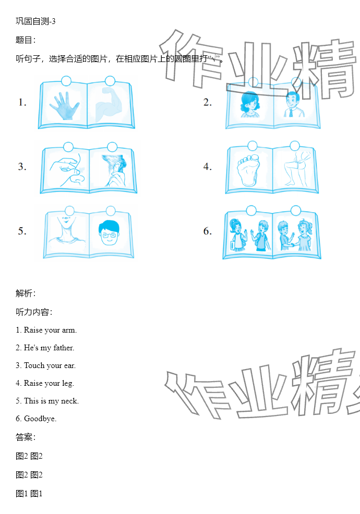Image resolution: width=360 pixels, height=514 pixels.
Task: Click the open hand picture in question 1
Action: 64,105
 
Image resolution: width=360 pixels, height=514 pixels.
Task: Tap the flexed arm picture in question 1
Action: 109,104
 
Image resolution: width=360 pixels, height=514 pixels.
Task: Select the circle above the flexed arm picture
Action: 110,81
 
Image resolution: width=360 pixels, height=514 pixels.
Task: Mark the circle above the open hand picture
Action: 66,81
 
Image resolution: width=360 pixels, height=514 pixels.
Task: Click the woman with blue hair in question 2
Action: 250,104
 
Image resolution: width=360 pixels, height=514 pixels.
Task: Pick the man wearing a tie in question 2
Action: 293,104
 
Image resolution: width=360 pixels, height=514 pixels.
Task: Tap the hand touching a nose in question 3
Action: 67,170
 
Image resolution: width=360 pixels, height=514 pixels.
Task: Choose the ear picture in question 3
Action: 114,170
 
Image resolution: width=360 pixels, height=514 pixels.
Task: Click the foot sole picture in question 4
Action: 248,170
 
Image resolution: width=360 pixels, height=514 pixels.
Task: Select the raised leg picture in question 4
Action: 296,168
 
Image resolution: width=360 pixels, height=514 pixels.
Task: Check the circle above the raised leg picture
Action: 295,145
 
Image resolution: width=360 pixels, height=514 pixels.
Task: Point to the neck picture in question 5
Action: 67,230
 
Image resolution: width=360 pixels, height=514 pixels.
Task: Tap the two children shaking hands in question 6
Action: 295,235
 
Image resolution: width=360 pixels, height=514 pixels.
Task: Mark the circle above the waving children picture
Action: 251,211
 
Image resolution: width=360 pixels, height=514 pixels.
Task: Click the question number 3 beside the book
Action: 22,167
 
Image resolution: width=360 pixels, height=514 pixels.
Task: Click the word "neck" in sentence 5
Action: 69,401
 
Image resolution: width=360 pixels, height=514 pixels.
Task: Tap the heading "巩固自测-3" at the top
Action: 35,21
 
